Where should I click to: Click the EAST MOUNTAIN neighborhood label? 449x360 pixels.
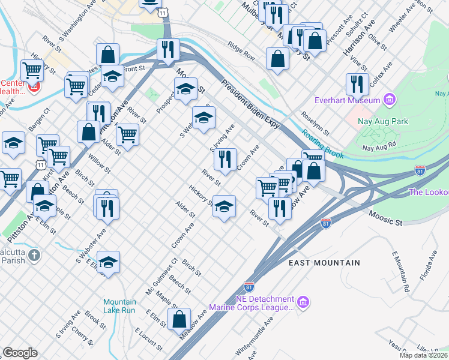(324, 263)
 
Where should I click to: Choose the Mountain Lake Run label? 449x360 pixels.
(119, 307)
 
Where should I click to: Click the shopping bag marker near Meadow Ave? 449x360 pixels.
(179, 320)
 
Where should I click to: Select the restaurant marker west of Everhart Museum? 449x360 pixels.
(357, 85)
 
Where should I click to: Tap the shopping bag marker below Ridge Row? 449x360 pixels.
(277, 59)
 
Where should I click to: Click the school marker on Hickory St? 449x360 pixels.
(224, 207)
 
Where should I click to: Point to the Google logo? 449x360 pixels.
(20, 353)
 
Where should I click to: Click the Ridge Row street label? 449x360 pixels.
(241, 52)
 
